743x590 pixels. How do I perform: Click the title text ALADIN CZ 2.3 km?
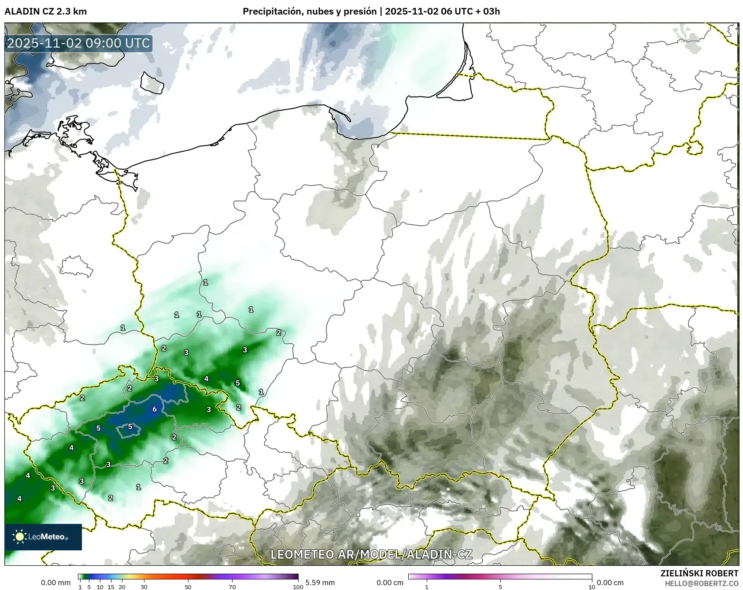tap(45, 11)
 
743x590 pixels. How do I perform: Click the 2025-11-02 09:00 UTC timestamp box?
tap(78, 43)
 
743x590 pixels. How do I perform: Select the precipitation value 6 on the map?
tap(155, 409)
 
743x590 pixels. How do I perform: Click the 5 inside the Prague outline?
tap(130, 427)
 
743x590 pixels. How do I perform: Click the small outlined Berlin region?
tap(76, 267)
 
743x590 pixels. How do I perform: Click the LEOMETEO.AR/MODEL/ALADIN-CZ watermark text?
tap(371, 554)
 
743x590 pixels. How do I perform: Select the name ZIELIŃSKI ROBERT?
tap(699, 573)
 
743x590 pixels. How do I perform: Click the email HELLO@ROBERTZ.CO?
tap(701, 583)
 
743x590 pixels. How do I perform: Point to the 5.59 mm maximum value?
tap(320, 583)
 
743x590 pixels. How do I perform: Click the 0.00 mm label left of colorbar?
tap(55, 583)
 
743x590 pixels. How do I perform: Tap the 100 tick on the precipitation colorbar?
tap(298, 587)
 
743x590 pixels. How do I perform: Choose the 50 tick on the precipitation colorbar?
tap(188, 587)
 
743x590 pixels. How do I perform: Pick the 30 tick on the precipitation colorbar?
tap(144, 587)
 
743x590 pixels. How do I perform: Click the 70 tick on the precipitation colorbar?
tap(232, 587)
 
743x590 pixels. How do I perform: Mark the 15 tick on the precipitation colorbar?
tap(111, 587)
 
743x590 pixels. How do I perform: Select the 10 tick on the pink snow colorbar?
tap(591, 587)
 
